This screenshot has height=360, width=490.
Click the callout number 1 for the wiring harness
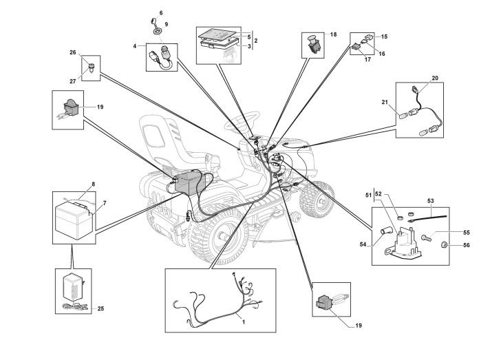click(242, 321)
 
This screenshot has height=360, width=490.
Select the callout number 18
click(333, 34)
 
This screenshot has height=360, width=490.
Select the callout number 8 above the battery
click(94, 185)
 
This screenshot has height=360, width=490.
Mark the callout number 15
click(384, 36)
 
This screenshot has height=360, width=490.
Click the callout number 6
click(161, 13)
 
